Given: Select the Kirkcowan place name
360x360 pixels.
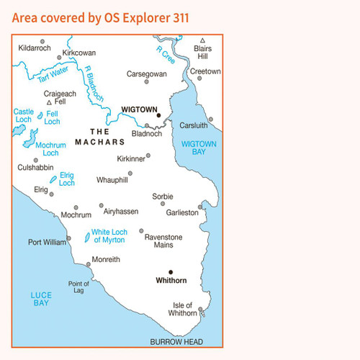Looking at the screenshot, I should click(x=78, y=53).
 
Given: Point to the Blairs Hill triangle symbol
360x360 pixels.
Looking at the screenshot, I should click(x=203, y=40).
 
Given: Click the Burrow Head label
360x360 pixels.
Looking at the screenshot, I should click(x=176, y=341).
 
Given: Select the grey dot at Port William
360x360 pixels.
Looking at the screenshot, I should click(x=69, y=238).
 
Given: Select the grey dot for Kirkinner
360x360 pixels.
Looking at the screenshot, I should click(x=148, y=155).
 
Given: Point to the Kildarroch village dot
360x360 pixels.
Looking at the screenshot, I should click(x=42, y=42).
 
